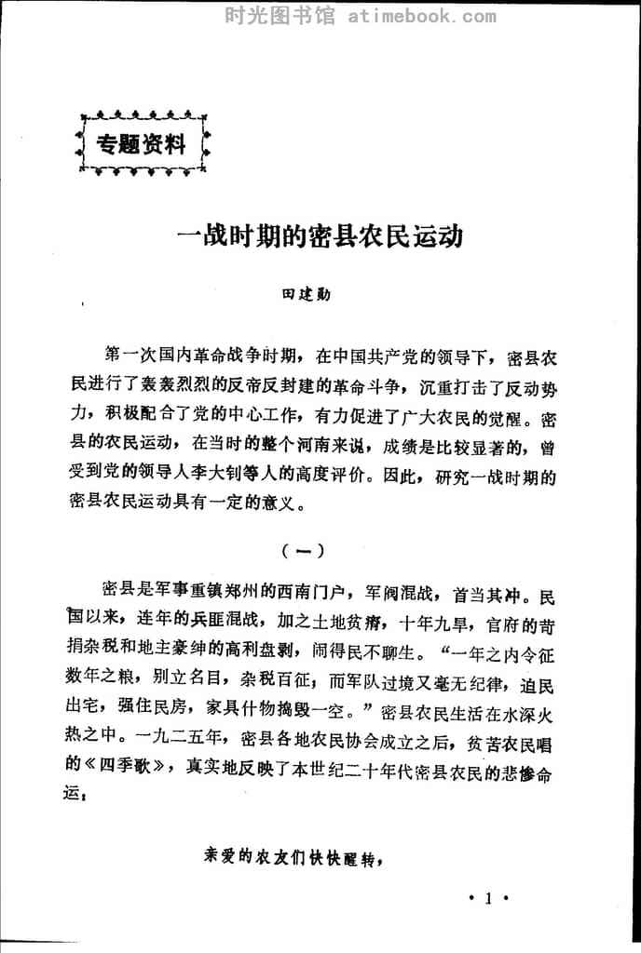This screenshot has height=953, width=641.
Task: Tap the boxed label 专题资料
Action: [142, 144]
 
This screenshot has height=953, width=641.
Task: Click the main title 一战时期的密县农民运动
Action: [320, 235]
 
